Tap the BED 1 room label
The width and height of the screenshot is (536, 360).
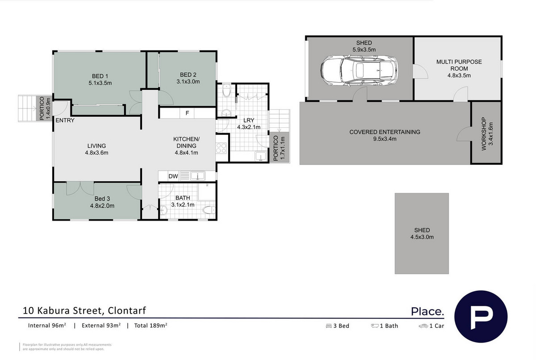tap(100, 76)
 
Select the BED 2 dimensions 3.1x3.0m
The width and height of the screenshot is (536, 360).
tap(188, 82)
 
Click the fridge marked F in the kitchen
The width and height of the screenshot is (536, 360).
tap(187, 113)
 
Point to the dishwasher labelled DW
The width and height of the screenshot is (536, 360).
tap(173, 176)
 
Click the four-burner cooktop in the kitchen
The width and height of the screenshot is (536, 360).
tap(221, 148)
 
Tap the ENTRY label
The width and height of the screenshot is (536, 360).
tap(65, 120)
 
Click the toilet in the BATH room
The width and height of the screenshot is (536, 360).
tap(209, 210)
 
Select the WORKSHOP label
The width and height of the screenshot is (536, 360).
tap(484, 134)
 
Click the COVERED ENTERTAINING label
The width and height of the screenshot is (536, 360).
tap(385, 132)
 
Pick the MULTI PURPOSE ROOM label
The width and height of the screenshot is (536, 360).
tap(459, 65)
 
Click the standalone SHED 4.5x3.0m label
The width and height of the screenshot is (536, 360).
tap(422, 234)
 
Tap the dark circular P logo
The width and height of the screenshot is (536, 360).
tap(481, 317)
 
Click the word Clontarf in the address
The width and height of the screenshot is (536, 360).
tap(127, 310)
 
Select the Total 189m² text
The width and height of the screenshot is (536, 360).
tap(151, 325)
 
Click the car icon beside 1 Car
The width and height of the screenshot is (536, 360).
tap(423, 326)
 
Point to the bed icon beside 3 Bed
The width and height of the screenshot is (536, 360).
tap(329, 326)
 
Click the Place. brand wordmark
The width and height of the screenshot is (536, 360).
tap(427, 311)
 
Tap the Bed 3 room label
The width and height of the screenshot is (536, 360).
tap(102, 199)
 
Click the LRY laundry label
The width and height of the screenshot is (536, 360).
tap(249, 120)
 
